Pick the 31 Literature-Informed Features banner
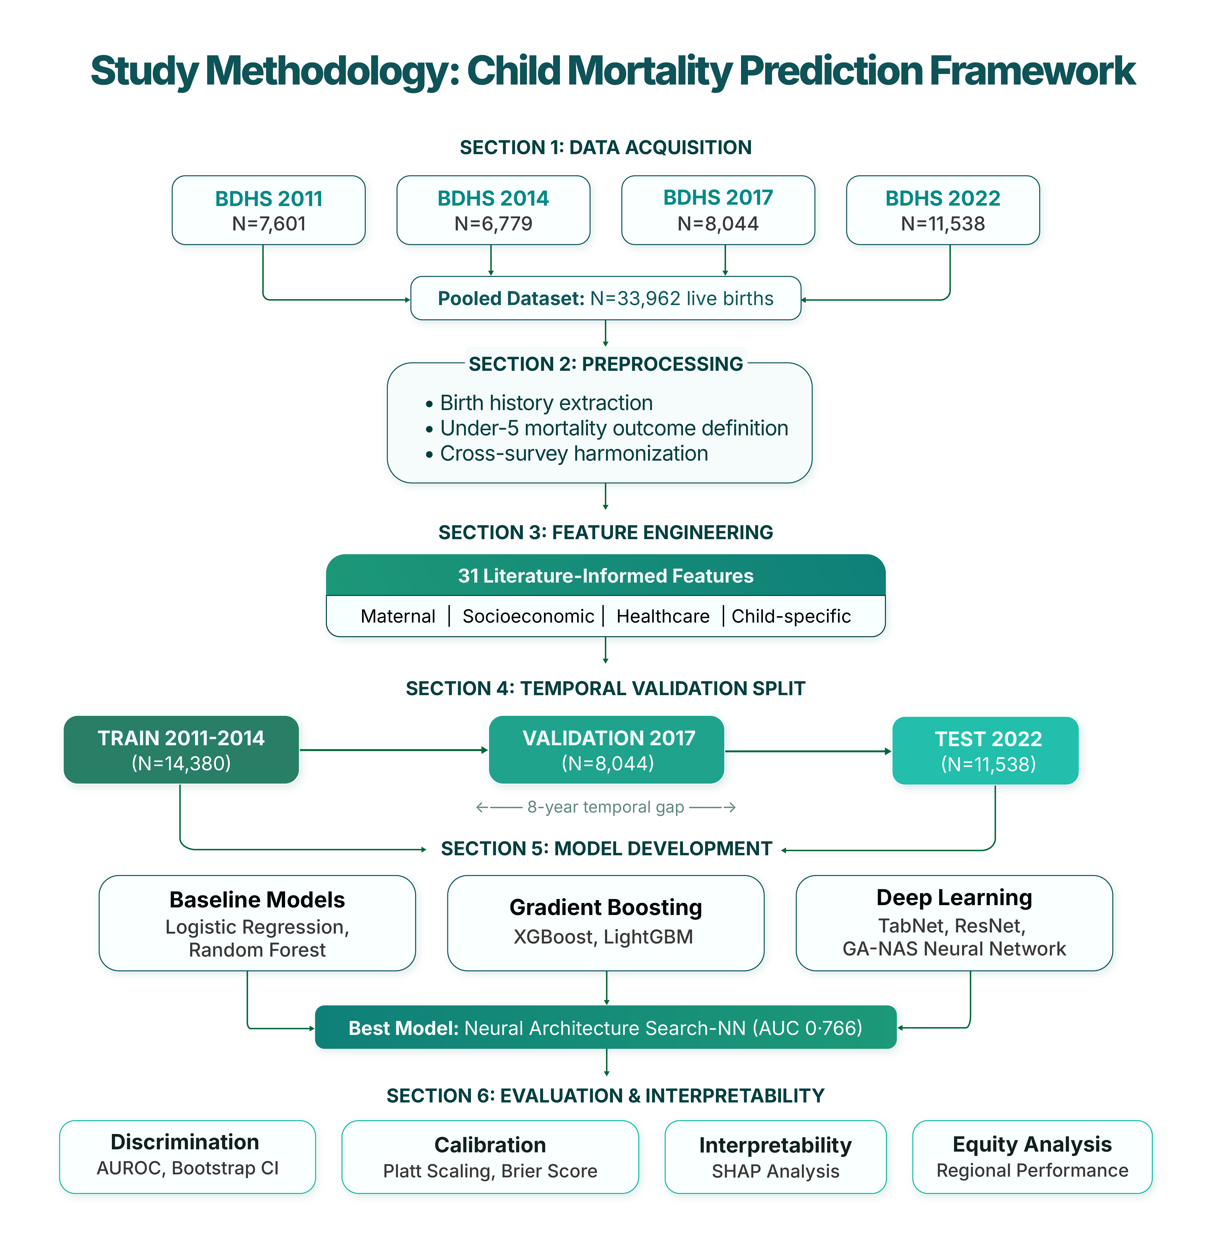[605, 575]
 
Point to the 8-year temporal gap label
[605, 807]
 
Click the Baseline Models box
[257, 923]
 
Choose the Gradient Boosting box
[605, 923]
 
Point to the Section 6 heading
[605, 1095]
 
